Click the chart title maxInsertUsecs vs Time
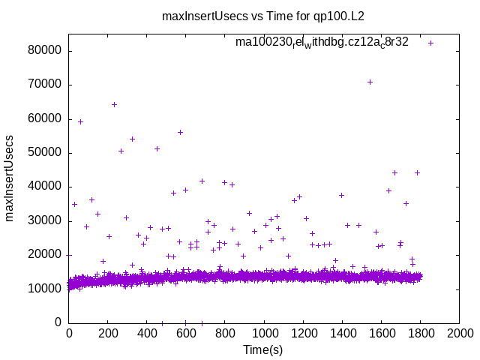click(268, 15)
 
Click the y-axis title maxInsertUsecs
click(10, 178)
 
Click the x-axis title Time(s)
click(262, 349)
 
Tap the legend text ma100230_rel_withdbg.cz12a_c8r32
click(322, 42)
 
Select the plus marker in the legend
click(430, 43)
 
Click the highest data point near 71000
click(370, 82)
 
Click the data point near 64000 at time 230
click(114, 104)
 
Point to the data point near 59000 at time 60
click(80, 121)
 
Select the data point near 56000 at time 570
click(180, 132)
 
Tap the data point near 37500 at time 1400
click(341, 195)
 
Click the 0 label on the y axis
click(59, 322)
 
